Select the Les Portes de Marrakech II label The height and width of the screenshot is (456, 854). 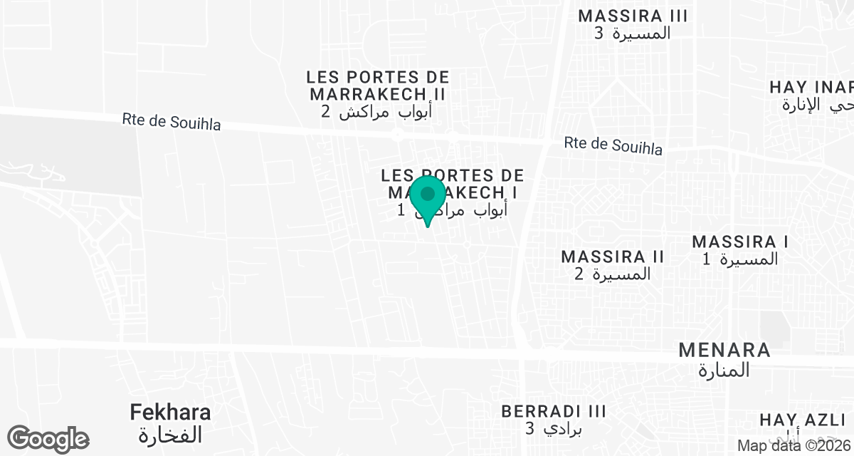tap(378, 85)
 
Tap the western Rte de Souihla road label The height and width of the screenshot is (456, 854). tap(172, 122)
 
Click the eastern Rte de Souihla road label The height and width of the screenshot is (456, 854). tap(613, 145)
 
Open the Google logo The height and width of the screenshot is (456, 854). tap(48, 439)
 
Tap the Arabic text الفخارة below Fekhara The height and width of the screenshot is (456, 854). tap(171, 434)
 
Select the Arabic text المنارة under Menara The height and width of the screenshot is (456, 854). tap(724, 370)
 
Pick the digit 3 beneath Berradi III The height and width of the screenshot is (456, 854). tap(529, 428)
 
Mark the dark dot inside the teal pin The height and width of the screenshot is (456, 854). tap(428, 194)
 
